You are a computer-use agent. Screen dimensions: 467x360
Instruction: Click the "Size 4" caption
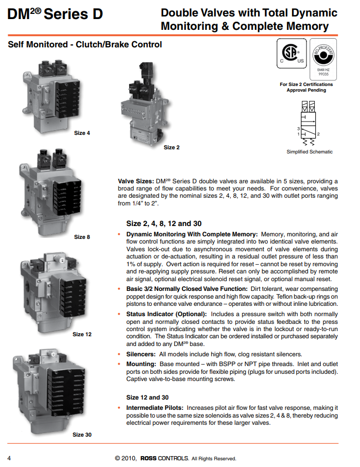(x=82, y=133)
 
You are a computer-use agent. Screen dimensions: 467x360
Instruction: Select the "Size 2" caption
(x=172, y=147)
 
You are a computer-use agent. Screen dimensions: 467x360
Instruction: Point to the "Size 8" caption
(x=82, y=237)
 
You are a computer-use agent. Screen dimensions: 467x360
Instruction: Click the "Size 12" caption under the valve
(x=82, y=334)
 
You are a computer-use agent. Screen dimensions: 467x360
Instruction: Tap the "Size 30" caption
(x=82, y=435)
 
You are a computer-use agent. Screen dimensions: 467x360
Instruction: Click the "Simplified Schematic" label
(x=310, y=152)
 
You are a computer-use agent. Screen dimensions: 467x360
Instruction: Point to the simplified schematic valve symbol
(x=309, y=124)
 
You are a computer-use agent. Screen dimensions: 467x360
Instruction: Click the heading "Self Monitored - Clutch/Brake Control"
(x=85, y=45)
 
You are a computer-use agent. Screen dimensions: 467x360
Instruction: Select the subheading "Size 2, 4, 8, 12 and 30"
(x=164, y=224)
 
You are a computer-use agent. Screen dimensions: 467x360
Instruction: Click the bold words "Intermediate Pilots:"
(x=155, y=407)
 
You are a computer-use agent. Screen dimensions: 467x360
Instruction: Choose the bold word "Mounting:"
(x=141, y=364)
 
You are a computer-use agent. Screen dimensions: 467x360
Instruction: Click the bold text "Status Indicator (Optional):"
(x=166, y=314)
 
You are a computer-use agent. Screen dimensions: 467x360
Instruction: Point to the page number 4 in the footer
(x=9, y=458)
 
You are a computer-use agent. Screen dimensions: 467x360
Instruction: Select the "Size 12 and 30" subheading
(x=147, y=397)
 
